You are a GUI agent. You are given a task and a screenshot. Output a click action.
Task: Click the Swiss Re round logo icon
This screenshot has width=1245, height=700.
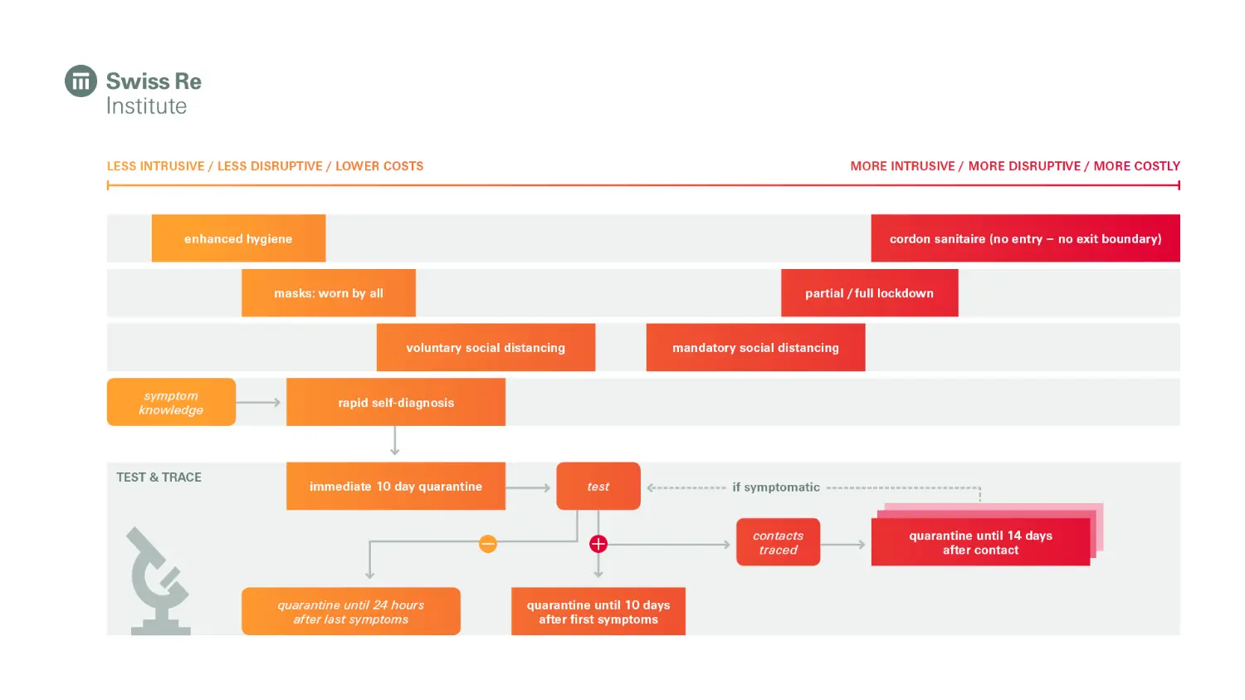click(x=81, y=81)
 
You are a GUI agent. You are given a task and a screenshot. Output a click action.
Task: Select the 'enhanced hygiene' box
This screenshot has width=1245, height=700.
click(x=238, y=238)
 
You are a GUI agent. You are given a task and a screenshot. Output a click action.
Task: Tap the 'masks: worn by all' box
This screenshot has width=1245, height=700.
click(x=329, y=293)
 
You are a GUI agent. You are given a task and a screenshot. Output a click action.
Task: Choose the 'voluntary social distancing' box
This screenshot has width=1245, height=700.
click(x=486, y=348)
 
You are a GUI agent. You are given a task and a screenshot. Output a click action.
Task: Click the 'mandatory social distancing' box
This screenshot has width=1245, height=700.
click(x=755, y=348)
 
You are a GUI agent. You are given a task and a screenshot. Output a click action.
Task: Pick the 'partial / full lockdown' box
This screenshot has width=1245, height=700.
click(x=869, y=293)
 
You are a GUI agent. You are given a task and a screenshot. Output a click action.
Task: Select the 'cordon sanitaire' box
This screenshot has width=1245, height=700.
click(x=1025, y=238)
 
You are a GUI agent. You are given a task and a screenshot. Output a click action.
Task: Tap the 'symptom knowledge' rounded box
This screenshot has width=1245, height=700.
click(x=171, y=403)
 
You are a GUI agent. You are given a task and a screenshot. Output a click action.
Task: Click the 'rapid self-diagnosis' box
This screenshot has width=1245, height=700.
click(x=396, y=403)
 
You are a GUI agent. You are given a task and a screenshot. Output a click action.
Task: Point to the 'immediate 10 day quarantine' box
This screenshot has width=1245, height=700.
click(x=396, y=487)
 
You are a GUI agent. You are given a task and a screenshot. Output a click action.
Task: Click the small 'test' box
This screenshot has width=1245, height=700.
click(x=598, y=487)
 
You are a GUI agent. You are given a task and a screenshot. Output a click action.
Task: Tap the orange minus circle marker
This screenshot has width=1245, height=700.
click(x=488, y=544)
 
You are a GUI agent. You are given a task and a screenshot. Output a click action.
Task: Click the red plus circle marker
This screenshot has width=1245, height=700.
click(x=598, y=544)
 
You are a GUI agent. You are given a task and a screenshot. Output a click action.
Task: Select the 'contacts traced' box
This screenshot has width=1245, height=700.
click(x=778, y=542)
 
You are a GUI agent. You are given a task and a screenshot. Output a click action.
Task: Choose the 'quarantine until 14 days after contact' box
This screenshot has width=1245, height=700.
click(x=980, y=542)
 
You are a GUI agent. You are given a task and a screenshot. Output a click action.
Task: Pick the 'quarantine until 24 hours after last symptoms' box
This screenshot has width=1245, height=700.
click(x=351, y=612)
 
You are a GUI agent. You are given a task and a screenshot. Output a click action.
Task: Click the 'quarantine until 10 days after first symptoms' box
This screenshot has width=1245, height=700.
click(x=598, y=612)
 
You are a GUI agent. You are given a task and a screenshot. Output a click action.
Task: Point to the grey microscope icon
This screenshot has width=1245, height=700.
click(x=159, y=581)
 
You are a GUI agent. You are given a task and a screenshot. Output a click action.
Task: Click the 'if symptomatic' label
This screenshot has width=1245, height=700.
click(x=776, y=487)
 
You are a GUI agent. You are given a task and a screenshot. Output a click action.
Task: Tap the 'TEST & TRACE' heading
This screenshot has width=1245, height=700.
click(x=159, y=477)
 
